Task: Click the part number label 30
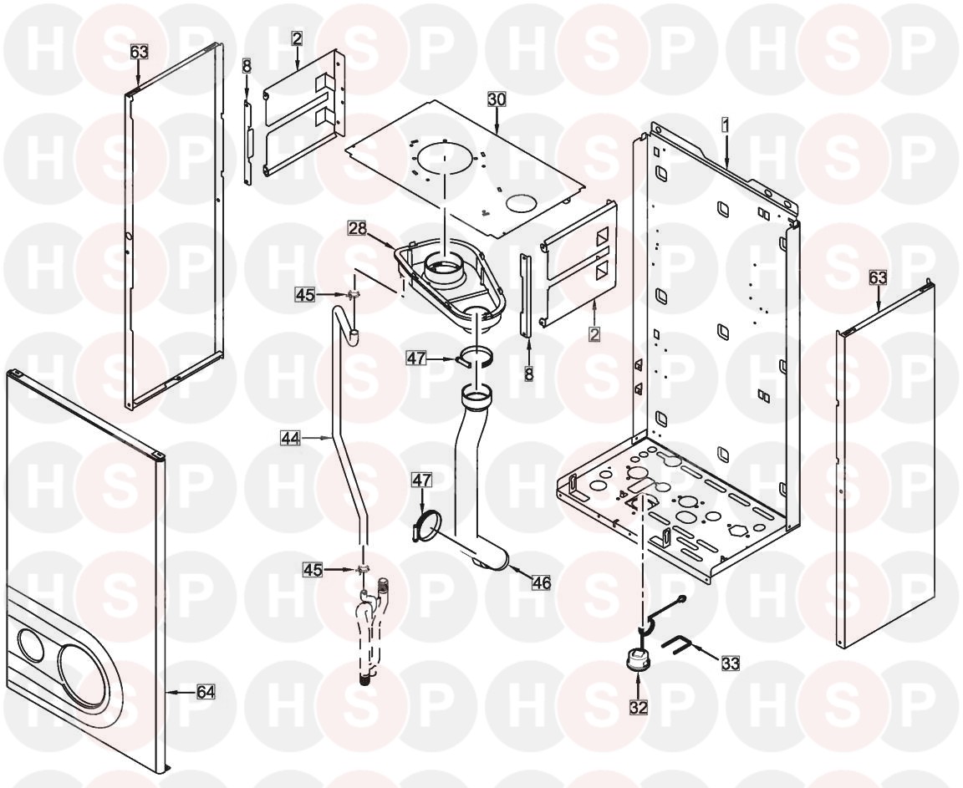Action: pyautogui.click(x=497, y=99)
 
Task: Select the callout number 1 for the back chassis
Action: pyautogui.click(x=726, y=124)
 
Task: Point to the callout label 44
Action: pyautogui.click(x=288, y=435)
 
